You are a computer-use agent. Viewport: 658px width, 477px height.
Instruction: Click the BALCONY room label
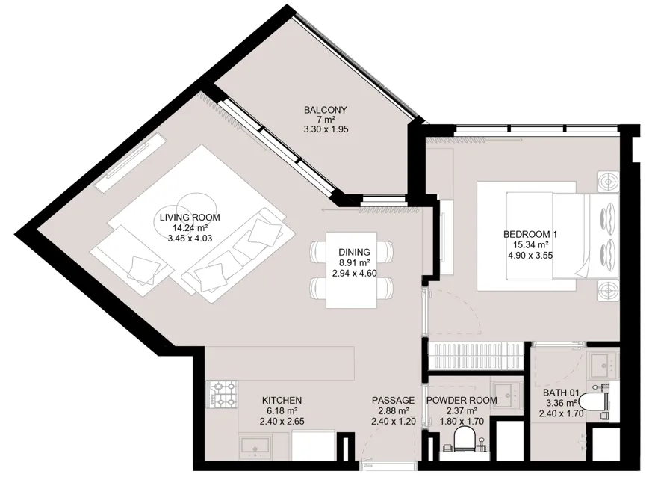click(x=326, y=110)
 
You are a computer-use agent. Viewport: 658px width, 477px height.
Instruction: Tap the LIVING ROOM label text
click(x=190, y=218)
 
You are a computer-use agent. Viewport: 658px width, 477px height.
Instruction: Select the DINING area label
click(x=354, y=253)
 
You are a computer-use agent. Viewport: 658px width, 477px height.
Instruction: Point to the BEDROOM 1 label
click(x=530, y=234)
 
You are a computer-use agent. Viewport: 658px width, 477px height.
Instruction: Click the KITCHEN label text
click(x=282, y=401)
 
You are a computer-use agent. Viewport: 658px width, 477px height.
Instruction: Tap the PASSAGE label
click(x=393, y=401)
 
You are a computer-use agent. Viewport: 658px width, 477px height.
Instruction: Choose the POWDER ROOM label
click(x=462, y=401)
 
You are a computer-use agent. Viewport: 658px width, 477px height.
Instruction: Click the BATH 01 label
click(x=561, y=393)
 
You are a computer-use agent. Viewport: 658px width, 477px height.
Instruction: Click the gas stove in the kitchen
click(x=222, y=395)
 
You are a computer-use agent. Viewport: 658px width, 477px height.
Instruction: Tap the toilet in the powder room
click(x=464, y=439)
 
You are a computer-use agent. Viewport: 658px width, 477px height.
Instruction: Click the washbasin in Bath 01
click(x=603, y=366)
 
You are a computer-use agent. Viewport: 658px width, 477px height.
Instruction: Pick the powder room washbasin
click(x=507, y=395)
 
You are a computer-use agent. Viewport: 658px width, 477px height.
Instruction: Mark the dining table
click(x=352, y=270)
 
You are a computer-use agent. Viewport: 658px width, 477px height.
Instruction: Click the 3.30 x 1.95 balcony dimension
click(x=326, y=129)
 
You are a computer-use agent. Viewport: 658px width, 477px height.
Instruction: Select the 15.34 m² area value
click(x=531, y=244)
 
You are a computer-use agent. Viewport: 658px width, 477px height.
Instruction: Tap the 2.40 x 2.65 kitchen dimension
click(x=282, y=421)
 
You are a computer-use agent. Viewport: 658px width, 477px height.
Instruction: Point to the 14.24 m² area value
click(x=190, y=228)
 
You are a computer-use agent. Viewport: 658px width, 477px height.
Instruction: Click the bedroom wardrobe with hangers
click(x=477, y=357)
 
